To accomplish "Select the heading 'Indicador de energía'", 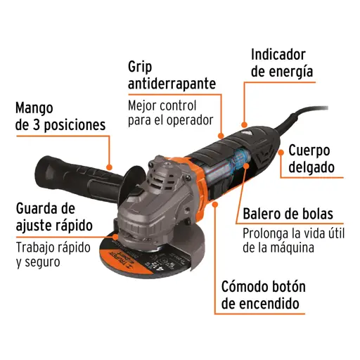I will pos(282,63).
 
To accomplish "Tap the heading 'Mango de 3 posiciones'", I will pos(60,117).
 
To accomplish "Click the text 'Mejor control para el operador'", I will pos(169,112).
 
